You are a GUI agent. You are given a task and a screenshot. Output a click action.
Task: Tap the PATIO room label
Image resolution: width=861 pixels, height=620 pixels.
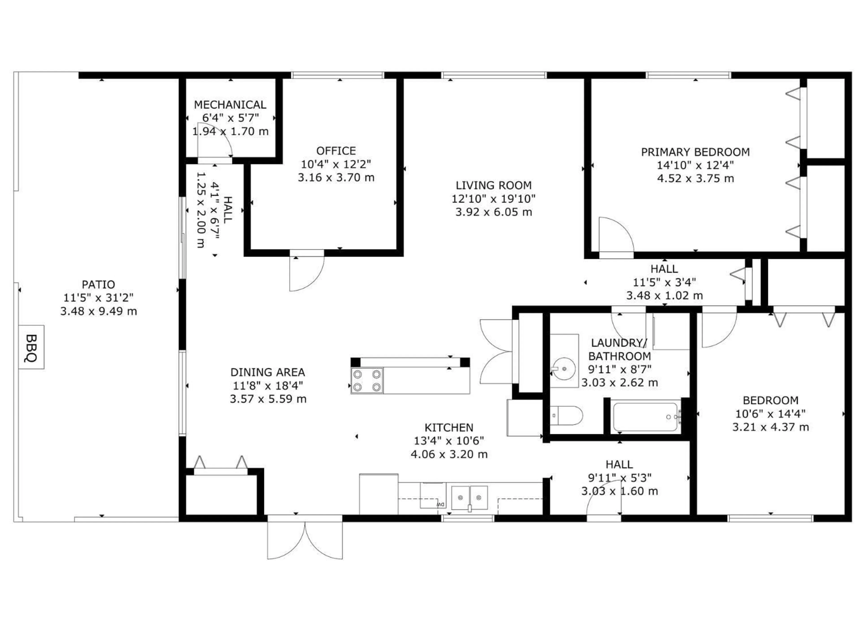tap(98, 284)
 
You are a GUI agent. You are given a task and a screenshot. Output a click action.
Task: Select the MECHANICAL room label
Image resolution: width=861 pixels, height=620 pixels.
tap(230, 104)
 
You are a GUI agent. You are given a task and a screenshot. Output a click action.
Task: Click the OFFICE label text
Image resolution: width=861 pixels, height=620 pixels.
tap(336, 151)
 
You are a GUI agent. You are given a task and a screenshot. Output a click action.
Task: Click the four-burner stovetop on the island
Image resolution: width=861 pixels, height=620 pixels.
tap(367, 381)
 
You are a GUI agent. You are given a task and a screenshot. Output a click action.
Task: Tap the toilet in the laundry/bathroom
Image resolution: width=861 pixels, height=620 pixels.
tap(566, 416)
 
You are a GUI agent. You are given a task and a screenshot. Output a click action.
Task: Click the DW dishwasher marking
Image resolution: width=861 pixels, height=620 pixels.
tap(440, 504)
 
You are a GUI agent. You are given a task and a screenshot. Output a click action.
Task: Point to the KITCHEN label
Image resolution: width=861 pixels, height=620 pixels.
tap(449, 428)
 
